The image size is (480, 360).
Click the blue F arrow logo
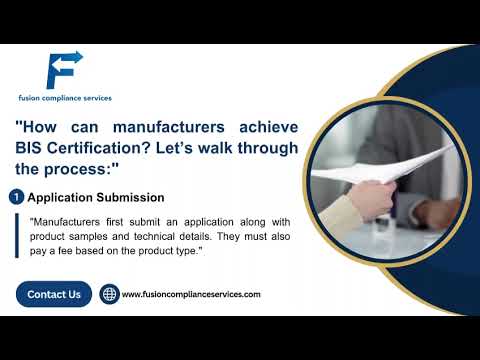[x=63, y=69]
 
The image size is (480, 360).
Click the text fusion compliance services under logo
[x=64, y=98]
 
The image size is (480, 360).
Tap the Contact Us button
[x=54, y=294]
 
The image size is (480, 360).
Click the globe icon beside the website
[x=109, y=295]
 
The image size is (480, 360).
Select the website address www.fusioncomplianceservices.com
[x=191, y=295]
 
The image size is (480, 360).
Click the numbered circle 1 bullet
[x=16, y=197]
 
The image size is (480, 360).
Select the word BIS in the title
[x=31, y=148]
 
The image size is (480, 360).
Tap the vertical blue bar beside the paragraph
[x=18, y=235]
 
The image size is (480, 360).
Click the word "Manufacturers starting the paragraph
[x=65, y=221]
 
